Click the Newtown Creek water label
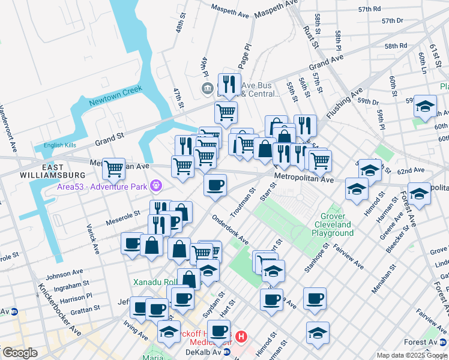click(x=115, y=96)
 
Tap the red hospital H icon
click(x=241, y=337)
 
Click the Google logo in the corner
click(x=20, y=353)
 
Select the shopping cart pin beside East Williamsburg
click(x=113, y=169)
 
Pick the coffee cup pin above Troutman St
click(x=215, y=184)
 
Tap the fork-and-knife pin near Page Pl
click(x=229, y=84)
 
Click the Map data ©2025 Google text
click(x=412, y=355)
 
